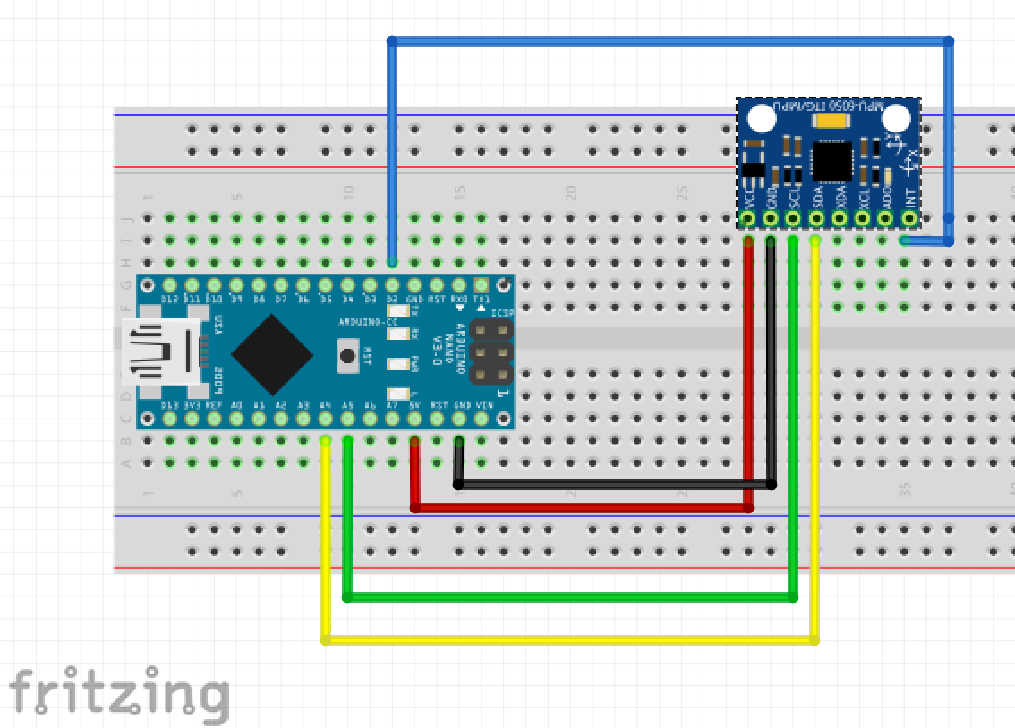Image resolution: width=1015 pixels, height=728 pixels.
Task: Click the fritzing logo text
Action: pyautogui.click(x=118, y=693)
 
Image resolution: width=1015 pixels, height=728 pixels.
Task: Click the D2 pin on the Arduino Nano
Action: pyautogui.click(x=392, y=285)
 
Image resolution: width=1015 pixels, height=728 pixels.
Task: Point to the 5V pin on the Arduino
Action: pyautogui.click(x=414, y=418)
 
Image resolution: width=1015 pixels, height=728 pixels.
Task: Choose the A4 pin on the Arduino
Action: pyautogui.click(x=326, y=418)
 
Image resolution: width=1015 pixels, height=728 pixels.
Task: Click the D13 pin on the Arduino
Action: pyautogui.click(x=169, y=418)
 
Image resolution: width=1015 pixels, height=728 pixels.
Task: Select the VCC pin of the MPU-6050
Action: pyautogui.click(x=748, y=217)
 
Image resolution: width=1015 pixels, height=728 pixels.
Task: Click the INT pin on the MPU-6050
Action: pyautogui.click(x=909, y=217)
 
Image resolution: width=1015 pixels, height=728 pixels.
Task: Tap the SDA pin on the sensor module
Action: pyautogui.click(x=815, y=217)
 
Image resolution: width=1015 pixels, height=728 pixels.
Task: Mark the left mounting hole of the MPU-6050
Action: pyautogui.click(x=762, y=119)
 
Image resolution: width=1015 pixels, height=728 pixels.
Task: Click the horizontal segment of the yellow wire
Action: pyautogui.click(x=569, y=639)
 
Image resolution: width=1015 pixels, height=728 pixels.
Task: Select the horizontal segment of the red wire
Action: pyautogui.click(x=582, y=507)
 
